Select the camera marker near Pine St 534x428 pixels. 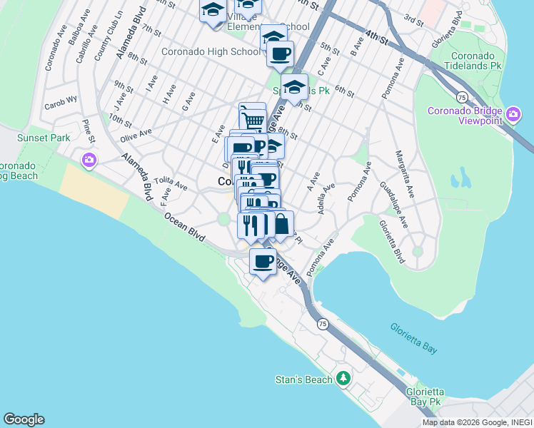[89, 159]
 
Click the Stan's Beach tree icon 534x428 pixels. [344, 378]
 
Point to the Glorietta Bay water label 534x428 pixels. [414, 339]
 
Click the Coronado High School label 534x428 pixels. [211, 51]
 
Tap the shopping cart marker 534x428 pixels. [252, 118]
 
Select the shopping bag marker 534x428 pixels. [281, 224]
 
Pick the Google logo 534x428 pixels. [24, 419]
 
